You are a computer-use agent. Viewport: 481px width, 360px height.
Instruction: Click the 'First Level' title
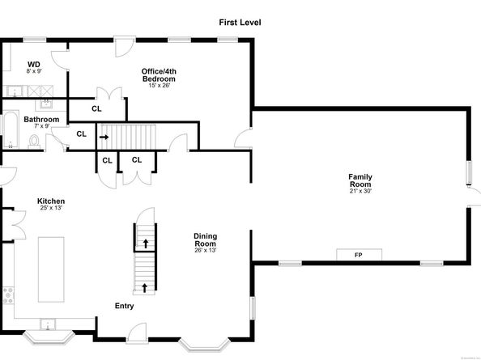point(240,23)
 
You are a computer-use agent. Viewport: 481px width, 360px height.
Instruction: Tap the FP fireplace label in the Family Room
point(359,255)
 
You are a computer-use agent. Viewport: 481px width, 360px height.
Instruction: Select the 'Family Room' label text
point(360,180)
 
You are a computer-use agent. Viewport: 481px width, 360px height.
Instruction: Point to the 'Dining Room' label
point(205,239)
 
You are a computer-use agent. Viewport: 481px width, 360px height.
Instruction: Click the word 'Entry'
point(124,306)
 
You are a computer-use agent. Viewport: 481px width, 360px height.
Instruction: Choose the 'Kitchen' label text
point(50,201)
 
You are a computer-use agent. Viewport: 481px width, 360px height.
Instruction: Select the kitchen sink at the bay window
point(48,328)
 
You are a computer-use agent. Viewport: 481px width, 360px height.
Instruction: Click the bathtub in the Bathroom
point(11,131)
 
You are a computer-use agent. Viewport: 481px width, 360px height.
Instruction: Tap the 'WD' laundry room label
point(34,64)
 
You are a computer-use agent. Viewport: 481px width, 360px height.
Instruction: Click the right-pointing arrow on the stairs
point(104,138)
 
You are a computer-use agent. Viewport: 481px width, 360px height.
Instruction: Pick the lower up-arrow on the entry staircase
point(146,286)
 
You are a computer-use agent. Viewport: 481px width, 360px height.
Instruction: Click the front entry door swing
point(135,332)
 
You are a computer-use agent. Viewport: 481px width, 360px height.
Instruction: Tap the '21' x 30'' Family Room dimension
point(360,191)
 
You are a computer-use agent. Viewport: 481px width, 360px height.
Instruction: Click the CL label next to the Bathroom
point(81,134)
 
